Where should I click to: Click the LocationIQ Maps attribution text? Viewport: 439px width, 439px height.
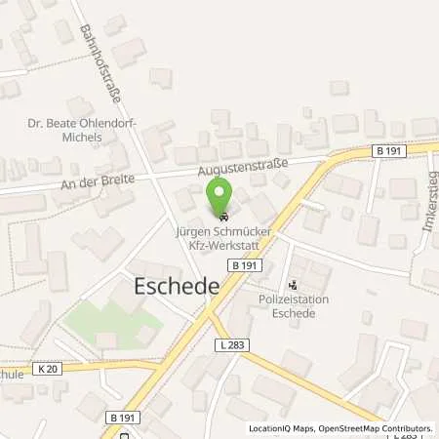click(x=284, y=429)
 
